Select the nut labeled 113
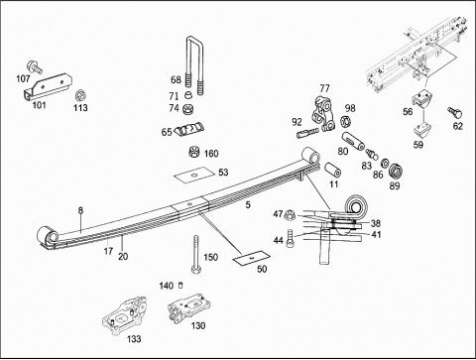coord(80,95)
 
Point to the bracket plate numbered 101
coord(48,86)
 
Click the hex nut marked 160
coord(193,152)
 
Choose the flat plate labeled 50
coord(252,257)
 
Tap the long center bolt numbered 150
coord(195,254)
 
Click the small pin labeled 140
coord(180,285)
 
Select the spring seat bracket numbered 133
coord(124,315)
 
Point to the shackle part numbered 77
coord(323,114)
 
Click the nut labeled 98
coord(345,122)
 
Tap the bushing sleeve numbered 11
coord(332,171)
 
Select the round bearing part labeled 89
coord(396,171)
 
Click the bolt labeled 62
coord(454,112)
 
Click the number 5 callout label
coord(248,205)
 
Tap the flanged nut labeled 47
coord(290,214)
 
